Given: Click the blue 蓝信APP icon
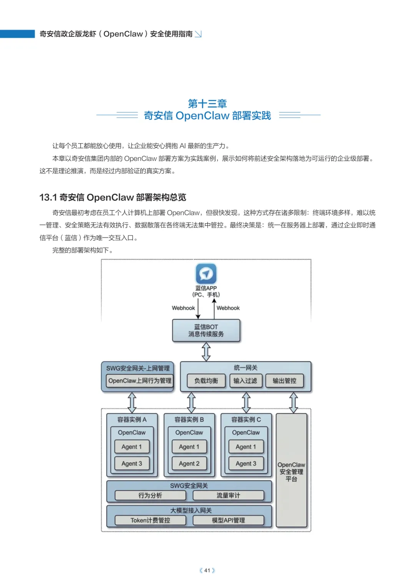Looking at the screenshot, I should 206,274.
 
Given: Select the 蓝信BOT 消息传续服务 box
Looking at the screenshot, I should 206,330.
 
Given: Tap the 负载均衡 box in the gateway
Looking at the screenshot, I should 206,381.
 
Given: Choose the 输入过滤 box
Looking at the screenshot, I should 245,381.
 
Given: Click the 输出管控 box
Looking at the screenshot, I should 284,381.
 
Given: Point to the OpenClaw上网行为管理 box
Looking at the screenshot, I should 139,381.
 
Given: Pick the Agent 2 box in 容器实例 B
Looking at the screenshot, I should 189,464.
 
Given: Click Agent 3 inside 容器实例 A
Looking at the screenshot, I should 132,464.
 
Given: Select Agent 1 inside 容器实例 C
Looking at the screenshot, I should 246,447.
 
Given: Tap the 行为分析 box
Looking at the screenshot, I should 150,496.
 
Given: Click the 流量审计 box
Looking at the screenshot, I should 228,496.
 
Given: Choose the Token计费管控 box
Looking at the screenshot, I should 150,521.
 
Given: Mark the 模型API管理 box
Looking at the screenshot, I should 228,521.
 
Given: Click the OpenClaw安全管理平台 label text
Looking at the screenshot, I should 291,472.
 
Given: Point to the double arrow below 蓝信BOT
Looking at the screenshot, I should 206,352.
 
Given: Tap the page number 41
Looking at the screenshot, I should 207,570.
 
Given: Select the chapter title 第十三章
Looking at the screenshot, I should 207,103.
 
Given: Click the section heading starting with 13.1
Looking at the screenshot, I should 113,197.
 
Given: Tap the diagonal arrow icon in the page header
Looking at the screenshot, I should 198,34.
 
